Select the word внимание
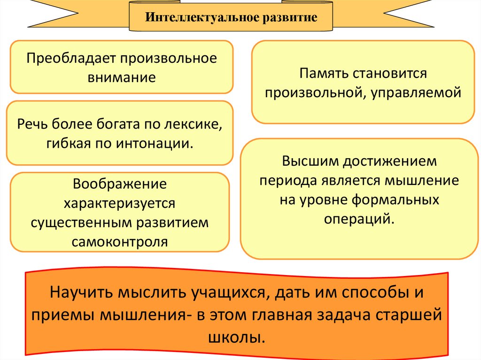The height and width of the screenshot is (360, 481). (121, 77)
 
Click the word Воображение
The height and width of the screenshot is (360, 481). (120, 184)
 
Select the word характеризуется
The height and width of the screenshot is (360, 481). (120, 203)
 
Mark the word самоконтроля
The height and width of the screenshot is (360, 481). (120, 242)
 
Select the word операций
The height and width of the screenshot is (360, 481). (358, 219)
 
